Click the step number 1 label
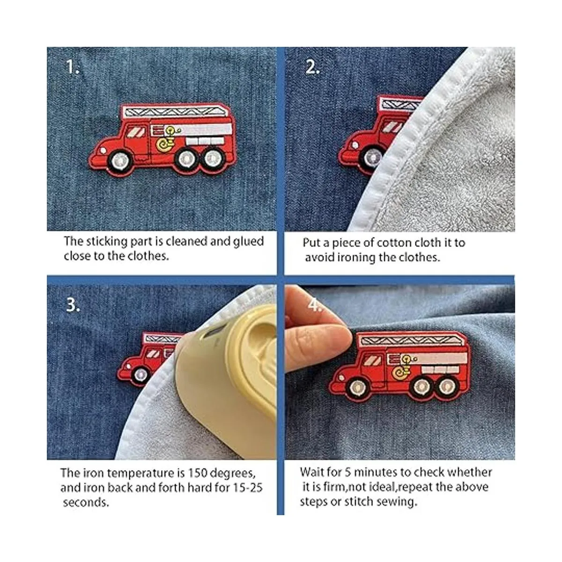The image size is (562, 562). (72, 67)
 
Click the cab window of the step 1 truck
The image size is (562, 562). (137, 132)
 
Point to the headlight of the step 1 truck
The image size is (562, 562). (103, 150)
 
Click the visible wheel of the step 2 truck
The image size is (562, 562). (372, 159)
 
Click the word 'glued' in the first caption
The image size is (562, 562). (249, 242)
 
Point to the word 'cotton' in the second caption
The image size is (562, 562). (391, 243)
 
